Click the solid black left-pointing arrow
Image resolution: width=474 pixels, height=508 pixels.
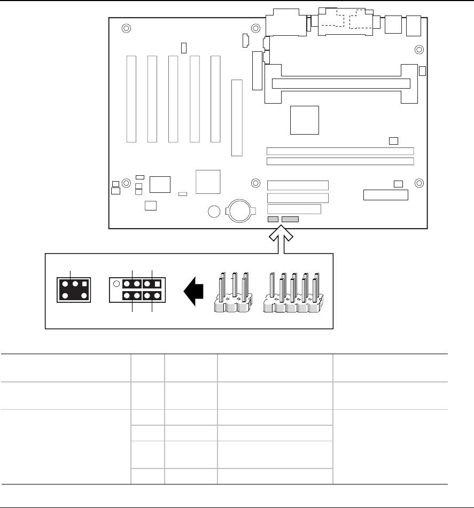tap(193, 291)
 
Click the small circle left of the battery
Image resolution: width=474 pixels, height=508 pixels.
tap(214, 212)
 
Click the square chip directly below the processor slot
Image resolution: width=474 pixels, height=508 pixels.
tap(304, 120)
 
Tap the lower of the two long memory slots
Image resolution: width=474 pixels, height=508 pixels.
tap(340, 161)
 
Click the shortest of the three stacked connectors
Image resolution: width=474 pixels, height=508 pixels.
tap(294, 209)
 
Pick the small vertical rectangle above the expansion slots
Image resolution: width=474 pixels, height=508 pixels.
tap(184, 48)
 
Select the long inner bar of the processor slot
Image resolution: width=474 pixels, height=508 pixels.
tap(341, 83)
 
